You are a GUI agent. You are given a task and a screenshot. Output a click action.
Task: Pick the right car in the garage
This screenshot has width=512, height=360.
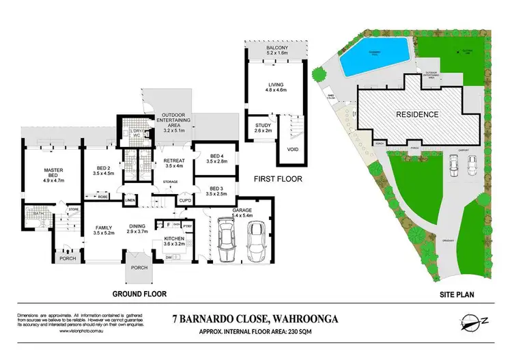255,241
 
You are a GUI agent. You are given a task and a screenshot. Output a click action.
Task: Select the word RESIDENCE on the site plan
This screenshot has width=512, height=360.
418,114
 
